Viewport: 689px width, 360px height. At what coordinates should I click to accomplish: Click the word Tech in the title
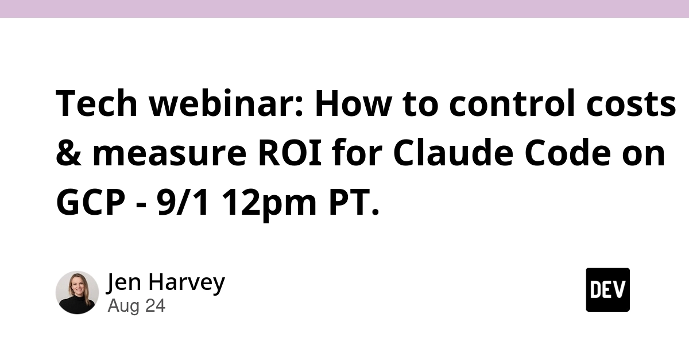96,103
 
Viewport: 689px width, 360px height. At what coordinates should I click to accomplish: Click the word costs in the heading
631,104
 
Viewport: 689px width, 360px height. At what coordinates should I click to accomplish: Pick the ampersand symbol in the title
69,153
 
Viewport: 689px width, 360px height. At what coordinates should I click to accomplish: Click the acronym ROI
290,153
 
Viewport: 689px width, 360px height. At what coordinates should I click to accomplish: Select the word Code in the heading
568,152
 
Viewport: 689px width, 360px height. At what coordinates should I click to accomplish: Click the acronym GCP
91,202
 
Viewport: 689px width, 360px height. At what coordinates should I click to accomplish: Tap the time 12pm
269,204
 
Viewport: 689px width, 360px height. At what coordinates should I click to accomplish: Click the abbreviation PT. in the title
354,202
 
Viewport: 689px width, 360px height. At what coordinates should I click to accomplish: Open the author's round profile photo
77,292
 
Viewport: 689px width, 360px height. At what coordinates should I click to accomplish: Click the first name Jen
124,282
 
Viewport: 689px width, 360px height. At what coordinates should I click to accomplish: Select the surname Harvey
187,282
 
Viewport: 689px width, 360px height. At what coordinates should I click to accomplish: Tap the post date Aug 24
137,305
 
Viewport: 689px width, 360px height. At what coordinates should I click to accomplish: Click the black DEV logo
608,290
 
